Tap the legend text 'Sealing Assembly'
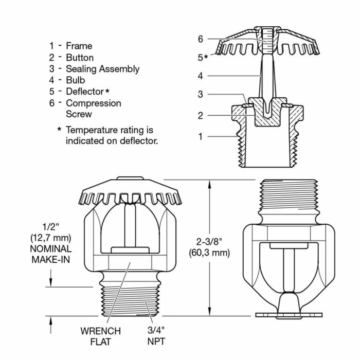coord(102,68)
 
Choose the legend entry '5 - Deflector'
coord(80,92)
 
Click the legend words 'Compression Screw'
coord(93,108)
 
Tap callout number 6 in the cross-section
coord(201,39)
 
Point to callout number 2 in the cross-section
coord(201,116)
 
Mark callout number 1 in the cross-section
coord(201,136)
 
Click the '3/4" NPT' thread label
coord(155,336)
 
